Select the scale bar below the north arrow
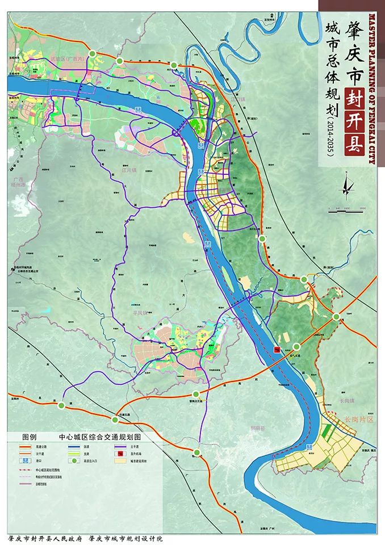click(x=347, y=208)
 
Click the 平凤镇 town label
click(x=139, y=312)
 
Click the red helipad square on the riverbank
click(x=277, y=350)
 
